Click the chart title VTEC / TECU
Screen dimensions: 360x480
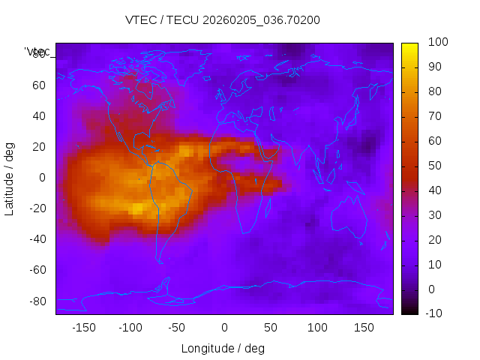coord(223,20)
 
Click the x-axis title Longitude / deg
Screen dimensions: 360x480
coord(223,348)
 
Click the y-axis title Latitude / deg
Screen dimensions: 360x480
coord(10,178)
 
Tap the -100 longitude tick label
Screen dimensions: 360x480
coord(130,327)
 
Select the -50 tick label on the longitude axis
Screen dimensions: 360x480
coord(177,327)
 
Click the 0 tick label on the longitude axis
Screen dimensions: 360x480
coord(224,327)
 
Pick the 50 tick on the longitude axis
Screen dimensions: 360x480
coord(271,327)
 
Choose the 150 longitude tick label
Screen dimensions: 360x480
coord(364,327)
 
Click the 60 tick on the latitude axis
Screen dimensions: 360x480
coord(39,85)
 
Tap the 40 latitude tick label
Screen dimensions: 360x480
coord(39,116)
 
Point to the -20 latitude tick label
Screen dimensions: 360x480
coord(37,208)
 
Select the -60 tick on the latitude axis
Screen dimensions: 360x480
coord(37,270)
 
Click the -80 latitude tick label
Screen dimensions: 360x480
coord(37,301)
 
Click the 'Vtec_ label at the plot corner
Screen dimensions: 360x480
coord(37,52)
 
